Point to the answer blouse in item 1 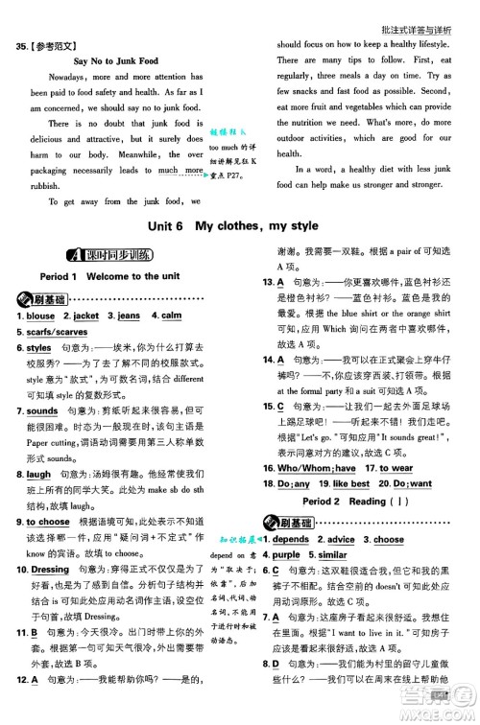pyautogui.click(x=40, y=342)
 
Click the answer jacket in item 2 pyautogui.click(x=85, y=342)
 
